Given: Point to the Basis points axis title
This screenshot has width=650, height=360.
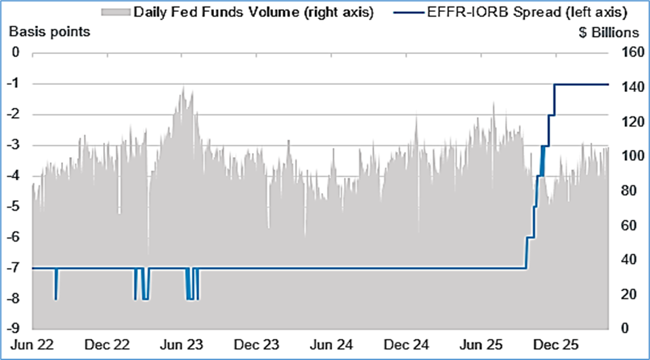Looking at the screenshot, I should pyautogui.click(x=49, y=31).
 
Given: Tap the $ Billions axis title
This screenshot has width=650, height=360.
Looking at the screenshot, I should pyautogui.click(x=609, y=33).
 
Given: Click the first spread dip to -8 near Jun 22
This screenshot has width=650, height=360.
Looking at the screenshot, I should pyautogui.click(x=56, y=297).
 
